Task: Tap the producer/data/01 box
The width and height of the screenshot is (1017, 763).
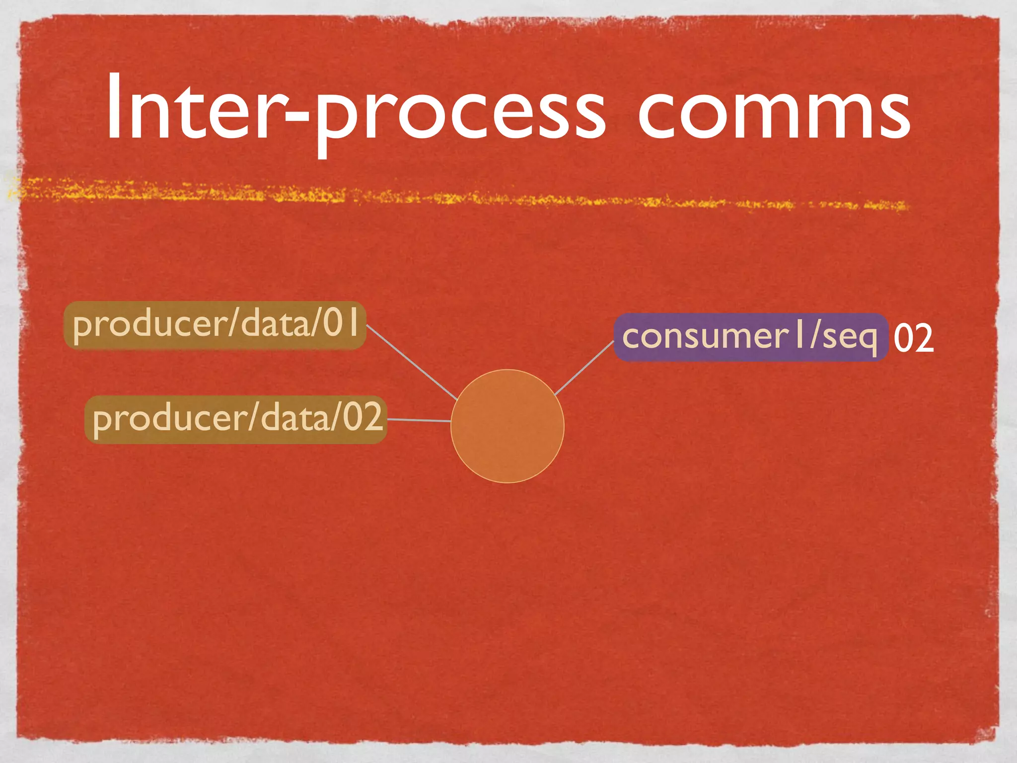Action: (215, 325)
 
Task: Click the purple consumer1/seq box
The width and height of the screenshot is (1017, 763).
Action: (750, 337)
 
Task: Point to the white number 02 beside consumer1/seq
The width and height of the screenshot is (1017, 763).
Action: (913, 338)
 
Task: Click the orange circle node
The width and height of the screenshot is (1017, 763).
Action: (507, 426)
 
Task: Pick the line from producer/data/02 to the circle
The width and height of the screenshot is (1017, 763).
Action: (419, 420)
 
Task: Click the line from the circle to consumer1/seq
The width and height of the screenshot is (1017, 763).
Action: (583, 368)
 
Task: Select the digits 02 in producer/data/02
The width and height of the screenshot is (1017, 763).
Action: (363, 417)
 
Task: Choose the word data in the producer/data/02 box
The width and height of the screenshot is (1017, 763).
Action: (293, 419)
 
